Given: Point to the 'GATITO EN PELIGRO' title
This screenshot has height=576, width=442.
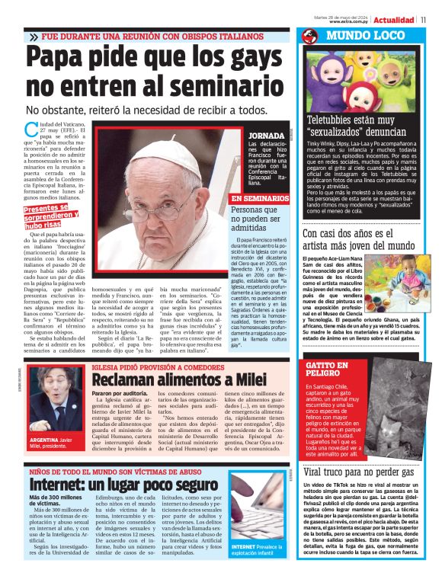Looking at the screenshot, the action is pos(328,370).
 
